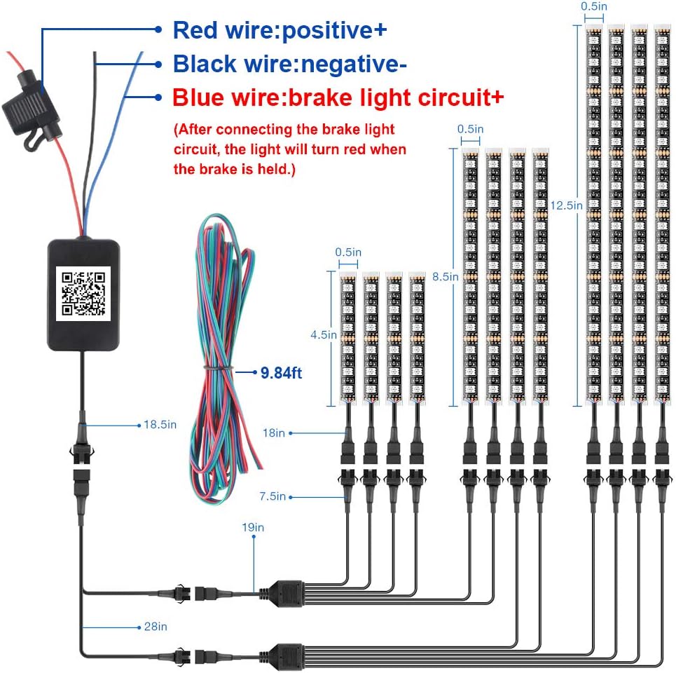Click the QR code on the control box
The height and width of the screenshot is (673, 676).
[x=83, y=293]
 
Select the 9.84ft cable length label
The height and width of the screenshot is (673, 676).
[x=281, y=373]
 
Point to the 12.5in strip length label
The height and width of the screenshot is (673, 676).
[x=566, y=205]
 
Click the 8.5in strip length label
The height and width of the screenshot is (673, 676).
[x=445, y=276]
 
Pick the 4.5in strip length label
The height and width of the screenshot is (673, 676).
[x=324, y=335]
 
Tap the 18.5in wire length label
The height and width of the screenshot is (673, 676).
[x=160, y=425]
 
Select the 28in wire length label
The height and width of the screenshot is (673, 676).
[x=156, y=627]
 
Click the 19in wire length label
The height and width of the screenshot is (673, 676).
[x=253, y=527]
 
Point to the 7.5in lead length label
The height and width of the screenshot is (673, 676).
[x=273, y=496]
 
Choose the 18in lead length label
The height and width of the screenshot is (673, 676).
[x=274, y=433]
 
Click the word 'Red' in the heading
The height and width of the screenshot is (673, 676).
[x=195, y=30]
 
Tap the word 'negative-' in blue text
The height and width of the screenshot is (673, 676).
[x=354, y=64]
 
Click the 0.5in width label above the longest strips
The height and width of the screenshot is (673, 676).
[x=593, y=6]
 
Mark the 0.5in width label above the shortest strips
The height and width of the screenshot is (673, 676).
[x=348, y=252]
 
